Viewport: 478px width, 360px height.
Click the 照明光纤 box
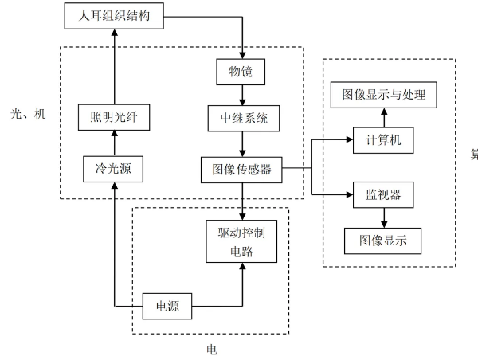click(x=113, y=119)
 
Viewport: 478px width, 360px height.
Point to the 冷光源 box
click(x=113, y=168)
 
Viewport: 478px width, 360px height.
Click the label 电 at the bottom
click(x=211, y=349)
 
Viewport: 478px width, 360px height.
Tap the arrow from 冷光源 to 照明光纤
click(x=113, y=144)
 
